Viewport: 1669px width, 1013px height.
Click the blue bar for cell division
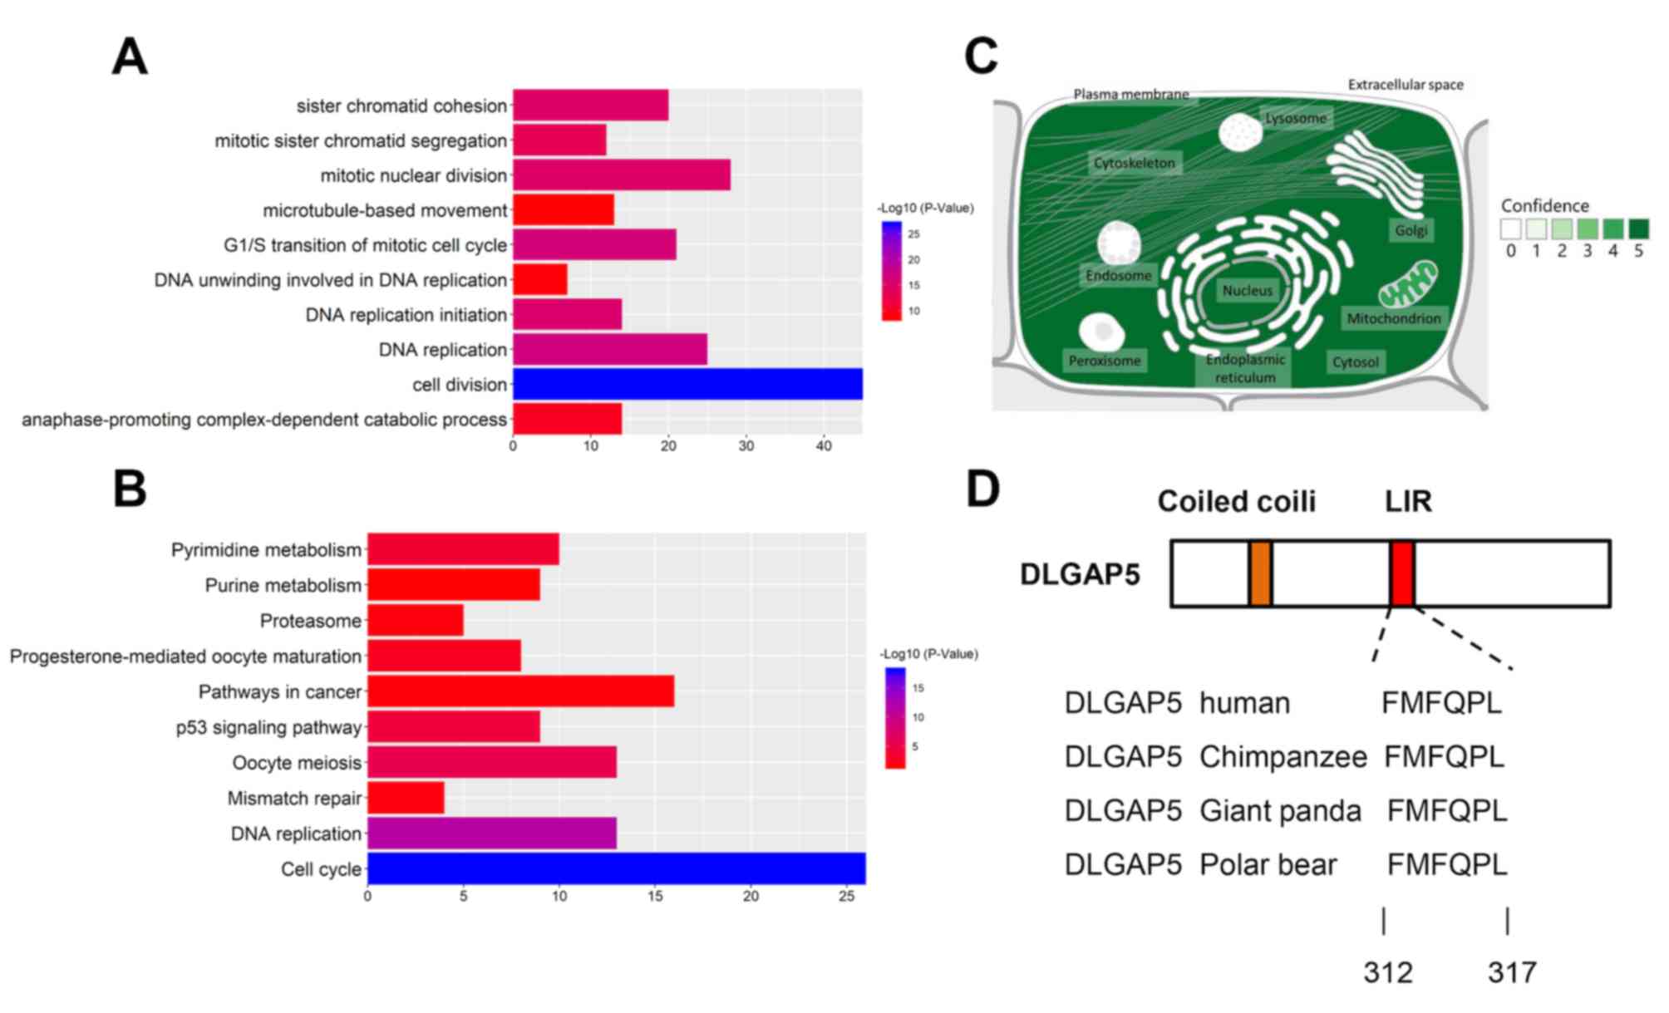[687, 384]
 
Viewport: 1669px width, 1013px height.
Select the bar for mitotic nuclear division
[621, 175]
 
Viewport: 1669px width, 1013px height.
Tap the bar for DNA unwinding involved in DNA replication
[539, 280]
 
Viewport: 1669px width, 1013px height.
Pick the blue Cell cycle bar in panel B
[616, 868]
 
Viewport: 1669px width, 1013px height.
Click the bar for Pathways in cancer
[520, 691]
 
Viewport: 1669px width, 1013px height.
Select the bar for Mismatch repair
[406, 798]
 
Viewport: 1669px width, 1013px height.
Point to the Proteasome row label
[310, 621]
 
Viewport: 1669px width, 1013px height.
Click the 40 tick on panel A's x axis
[824, 446]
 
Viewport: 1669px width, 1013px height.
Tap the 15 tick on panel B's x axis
[655, 897]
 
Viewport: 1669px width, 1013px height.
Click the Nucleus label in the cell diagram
[1247, 291]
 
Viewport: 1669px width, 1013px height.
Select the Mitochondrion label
[1393, 318]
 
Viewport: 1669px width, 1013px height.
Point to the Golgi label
[1411, 230]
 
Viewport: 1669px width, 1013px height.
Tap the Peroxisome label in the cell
[1104, 361]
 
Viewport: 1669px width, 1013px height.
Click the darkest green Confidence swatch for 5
[1638, 229]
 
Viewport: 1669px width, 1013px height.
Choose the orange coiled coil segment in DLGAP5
[1260, 573]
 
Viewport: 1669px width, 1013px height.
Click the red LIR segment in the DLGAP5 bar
[1402, 573]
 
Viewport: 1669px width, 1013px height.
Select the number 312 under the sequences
[1387, 971]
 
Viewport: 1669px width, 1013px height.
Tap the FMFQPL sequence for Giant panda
[1446, 810]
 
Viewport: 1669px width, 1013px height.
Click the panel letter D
[982, 489]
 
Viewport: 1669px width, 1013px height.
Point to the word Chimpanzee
[1283, 757]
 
